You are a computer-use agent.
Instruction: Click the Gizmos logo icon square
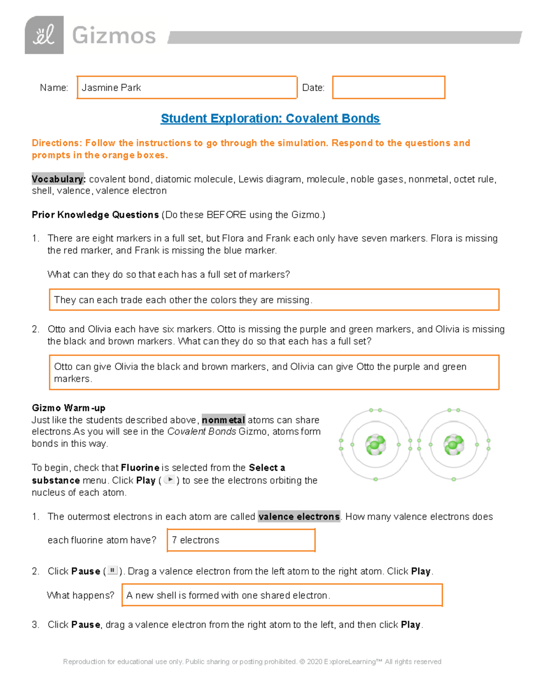[44, 35]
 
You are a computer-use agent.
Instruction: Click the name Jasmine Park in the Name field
[111, 88]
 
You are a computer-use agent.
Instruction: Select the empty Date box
[388, 87]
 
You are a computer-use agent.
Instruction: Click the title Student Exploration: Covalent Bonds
[270, 118]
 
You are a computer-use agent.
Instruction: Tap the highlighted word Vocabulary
[58, 179]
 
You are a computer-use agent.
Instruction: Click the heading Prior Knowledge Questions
[95, 215]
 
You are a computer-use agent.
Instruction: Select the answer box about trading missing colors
[274, 300]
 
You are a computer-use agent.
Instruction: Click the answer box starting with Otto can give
[274, 372]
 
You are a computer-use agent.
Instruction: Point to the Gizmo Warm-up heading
[69, 408]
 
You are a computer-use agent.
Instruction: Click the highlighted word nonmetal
[223, 420]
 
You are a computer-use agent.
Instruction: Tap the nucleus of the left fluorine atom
[375, 445]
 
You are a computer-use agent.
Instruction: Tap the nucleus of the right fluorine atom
[454, 445]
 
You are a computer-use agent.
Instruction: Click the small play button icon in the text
[170, 480]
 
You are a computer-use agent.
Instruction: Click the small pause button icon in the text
[113, 570]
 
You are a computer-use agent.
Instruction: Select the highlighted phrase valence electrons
[299, 517]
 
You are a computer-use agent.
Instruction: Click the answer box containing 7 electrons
[241, 540]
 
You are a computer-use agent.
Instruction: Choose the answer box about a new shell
[282, 595]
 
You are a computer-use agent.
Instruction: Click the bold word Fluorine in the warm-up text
[140, 468]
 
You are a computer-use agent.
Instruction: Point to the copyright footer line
[252, 662]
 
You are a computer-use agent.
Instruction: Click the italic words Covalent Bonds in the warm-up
[202, 432]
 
